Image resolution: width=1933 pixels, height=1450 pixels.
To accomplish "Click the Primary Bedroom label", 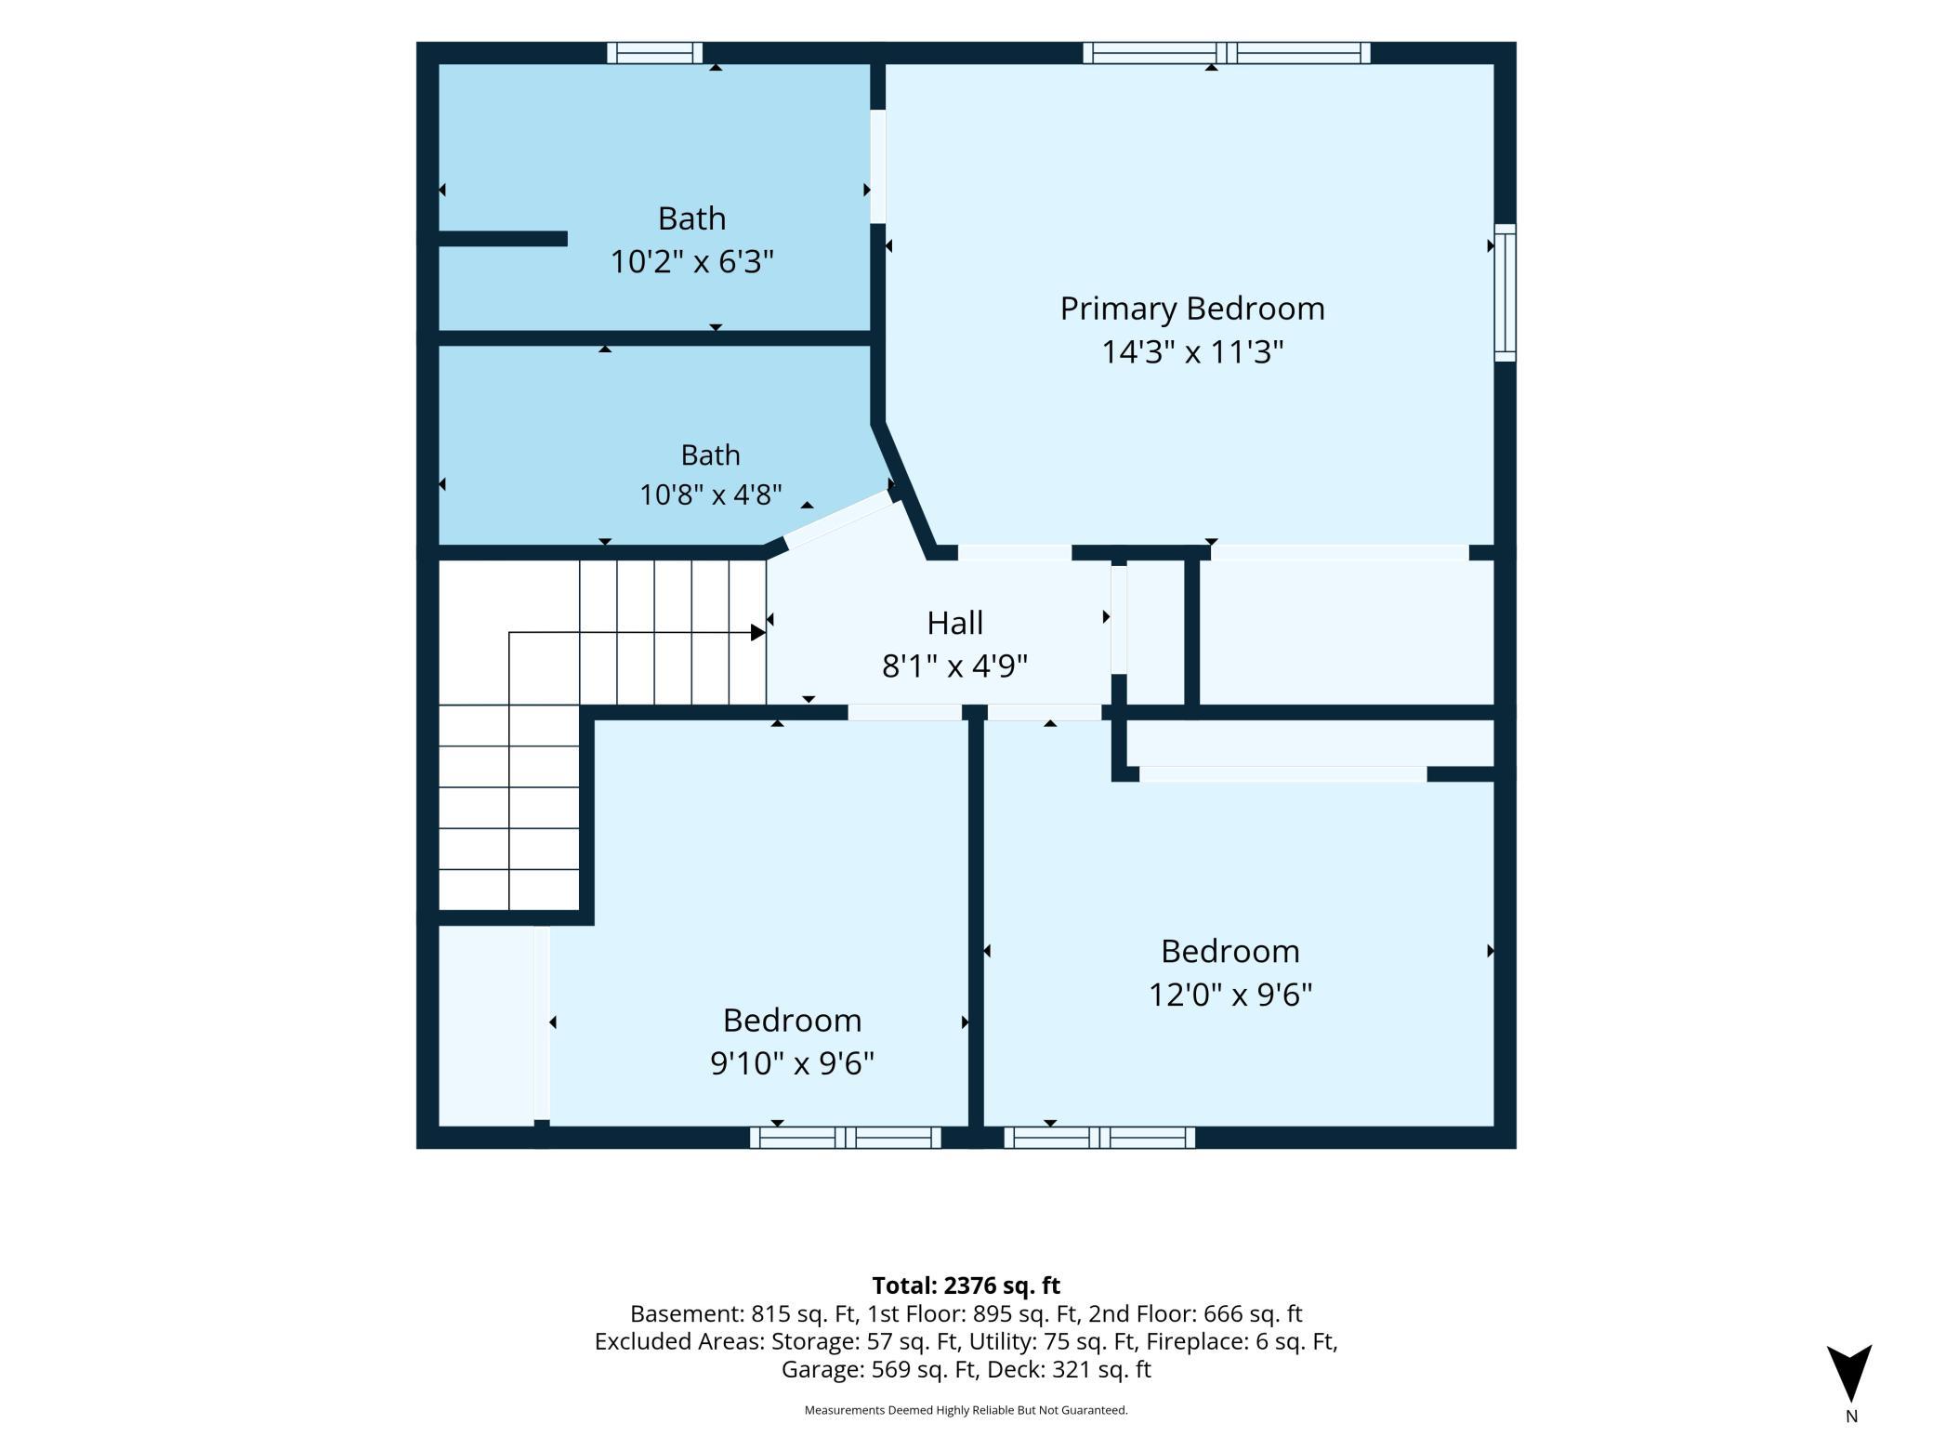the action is click(1192, 309).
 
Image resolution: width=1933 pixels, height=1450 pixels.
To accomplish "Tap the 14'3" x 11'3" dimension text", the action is click(1192, 352).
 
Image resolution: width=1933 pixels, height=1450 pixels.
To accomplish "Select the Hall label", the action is click(954, 623).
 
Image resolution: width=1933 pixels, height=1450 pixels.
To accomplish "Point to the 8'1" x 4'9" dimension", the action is click(954, 666).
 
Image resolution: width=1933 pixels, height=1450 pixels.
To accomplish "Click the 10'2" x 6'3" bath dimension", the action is click(691, 262).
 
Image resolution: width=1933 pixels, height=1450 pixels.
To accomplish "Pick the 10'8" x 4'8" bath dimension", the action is click(710, 494).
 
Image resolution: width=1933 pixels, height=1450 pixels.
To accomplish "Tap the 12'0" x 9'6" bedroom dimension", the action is click(1230, 995).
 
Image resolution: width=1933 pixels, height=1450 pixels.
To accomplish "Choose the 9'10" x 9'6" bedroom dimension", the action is click(792, 1062).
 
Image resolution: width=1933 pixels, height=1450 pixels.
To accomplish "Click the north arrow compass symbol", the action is click(1849, 1372).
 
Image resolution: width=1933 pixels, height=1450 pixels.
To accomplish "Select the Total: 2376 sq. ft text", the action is click(966, 1285).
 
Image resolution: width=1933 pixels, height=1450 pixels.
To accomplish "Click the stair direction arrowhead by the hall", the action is click(757, 633).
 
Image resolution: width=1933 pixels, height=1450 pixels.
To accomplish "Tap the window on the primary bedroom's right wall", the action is click(1505, 293).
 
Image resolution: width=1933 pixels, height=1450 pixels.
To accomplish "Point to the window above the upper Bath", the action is click(654, 53).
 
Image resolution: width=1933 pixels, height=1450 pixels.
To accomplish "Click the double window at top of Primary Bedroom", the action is click(1227, 53).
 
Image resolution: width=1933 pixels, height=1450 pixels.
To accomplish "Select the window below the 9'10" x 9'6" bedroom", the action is click(845, 1137).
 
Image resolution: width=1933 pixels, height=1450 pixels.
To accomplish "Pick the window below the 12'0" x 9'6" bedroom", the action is click(1099, 1137).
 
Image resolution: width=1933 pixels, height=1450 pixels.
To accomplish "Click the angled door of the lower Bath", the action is click(839, 521).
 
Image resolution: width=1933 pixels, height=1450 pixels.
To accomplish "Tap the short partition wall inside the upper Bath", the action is click(503, 239).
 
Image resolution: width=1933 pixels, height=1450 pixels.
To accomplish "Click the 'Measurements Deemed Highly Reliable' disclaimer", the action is click(966, 1410).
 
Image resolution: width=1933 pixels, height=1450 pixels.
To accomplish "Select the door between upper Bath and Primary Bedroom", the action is click(877, 166).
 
